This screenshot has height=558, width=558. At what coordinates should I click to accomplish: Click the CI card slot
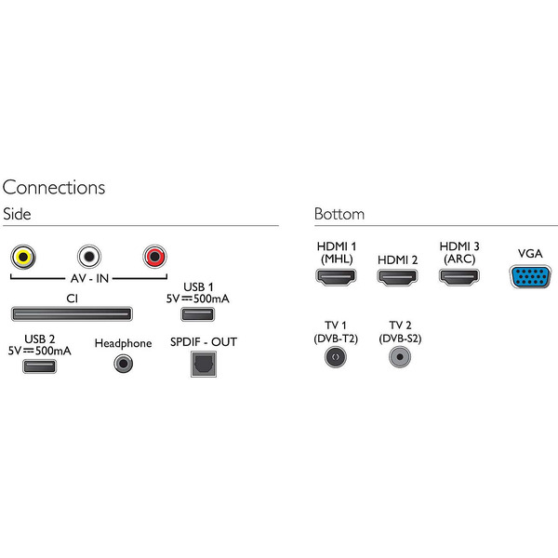[x=71, y=313]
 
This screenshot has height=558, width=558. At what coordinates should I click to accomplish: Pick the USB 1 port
[x=196, y=313]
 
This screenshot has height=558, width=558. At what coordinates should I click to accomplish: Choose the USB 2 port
[x=38, y=365]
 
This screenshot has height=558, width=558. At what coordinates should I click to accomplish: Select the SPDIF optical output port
[x=201, y=365]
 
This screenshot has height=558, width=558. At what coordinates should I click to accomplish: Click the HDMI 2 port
[x=397, y=276]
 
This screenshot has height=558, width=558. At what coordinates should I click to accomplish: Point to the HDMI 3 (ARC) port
[x=459, y=276]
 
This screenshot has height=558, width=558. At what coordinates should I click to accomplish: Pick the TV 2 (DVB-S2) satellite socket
[x=401, y=356]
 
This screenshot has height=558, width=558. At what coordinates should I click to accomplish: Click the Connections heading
[x=54, y=187]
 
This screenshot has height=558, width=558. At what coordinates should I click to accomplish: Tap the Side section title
[x=17, y=214]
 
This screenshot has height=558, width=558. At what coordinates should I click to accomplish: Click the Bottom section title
[x=339, y=214]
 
